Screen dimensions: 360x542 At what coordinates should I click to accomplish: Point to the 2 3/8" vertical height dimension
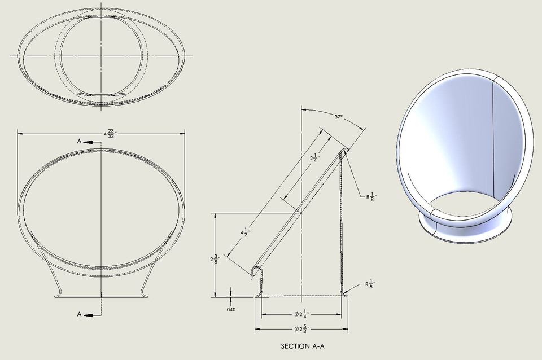[x=213, y=259]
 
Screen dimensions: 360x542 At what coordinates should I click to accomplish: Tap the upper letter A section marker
[x=79, y=143]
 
